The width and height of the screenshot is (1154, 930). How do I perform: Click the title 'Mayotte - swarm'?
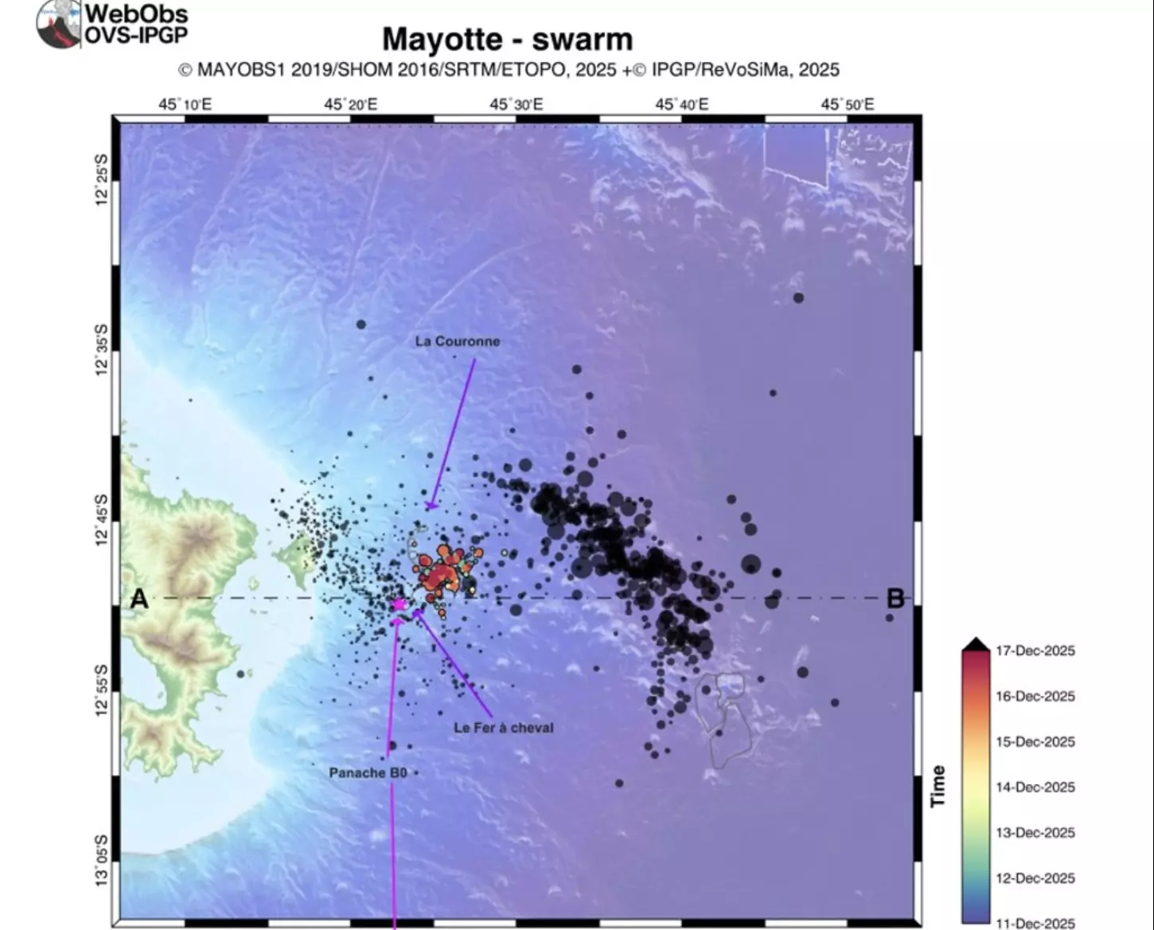(x=507, y=40)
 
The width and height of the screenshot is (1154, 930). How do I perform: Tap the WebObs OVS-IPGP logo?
(x=111, y=24)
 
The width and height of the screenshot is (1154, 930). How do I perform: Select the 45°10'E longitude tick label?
(x=185, y=104)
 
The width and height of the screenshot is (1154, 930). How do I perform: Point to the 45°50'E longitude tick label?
(x=848, y=104)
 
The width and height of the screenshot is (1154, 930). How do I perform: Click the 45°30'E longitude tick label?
(x=517, y=104)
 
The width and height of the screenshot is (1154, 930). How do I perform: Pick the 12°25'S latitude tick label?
(x=101, y=180)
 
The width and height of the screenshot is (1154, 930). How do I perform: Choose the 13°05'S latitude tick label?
(x=101, y=860)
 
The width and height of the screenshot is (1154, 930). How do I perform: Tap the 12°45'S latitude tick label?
(x=101, y=521)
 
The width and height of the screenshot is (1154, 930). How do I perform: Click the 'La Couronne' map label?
(x=458, y=342)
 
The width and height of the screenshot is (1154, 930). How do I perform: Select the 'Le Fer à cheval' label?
(x=503, y=728)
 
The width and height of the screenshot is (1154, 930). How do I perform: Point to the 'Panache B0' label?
(x=368, y=772)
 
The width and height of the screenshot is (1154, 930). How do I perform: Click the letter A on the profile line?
(x=139, y=599)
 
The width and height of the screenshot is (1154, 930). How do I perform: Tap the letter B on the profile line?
(x=895, y=599)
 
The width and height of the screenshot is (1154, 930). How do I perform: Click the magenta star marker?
(x=399, y=604)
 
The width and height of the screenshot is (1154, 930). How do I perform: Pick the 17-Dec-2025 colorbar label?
(x=1035, y=651)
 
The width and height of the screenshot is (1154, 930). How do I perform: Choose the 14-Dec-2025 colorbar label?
(x=1035, y=787)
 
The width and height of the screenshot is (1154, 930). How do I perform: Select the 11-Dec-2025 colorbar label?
(x=1035, y=923)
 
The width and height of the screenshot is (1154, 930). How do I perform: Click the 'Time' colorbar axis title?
(x=938, y=786)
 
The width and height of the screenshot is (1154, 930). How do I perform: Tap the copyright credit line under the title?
(x=509, y=70)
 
